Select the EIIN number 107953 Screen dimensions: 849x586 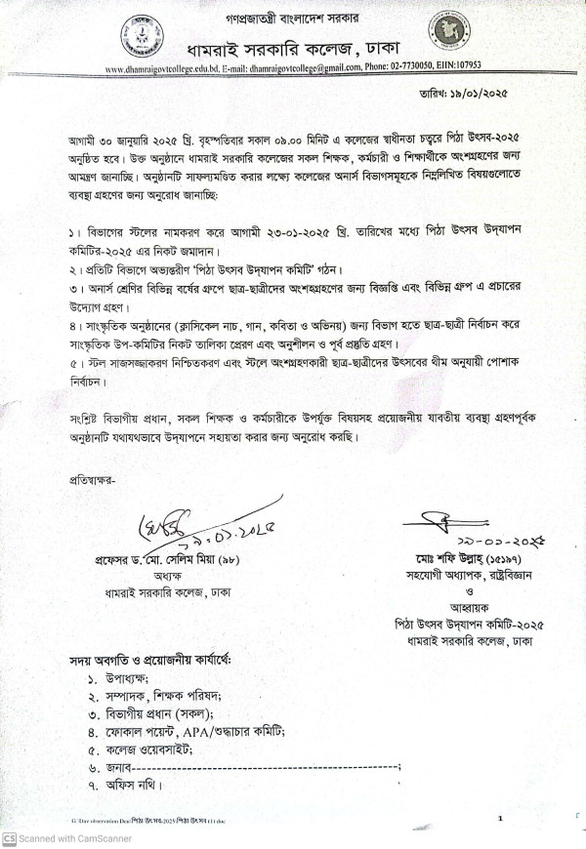pyautogui.click(x=465, y=69)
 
